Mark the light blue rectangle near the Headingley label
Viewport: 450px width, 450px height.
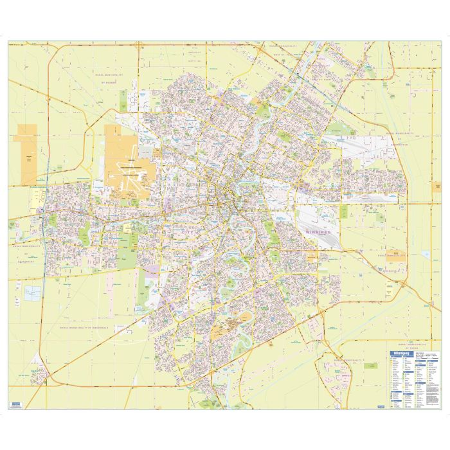coord(33,293)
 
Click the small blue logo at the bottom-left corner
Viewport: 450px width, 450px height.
coord(15,405)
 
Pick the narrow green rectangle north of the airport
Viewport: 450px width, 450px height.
coord(122,99)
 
